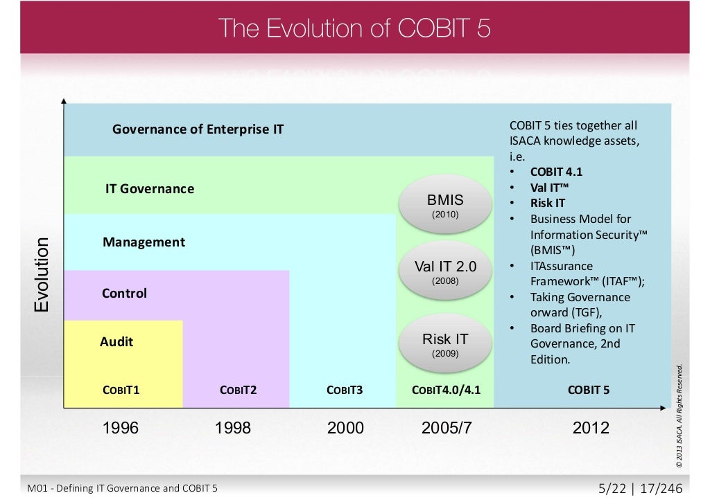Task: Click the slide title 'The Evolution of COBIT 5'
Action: coord(354,28)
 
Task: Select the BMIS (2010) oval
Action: coord(445,205)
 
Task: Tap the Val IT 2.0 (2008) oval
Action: coord(445,271)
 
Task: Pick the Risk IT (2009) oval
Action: coord(445,343)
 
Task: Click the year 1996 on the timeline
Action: coord(121,428)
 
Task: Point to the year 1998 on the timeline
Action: coord(233,428)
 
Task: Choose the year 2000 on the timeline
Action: coord(345,428)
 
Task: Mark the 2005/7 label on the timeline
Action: coord(447,428)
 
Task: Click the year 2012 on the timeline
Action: coord(591,428)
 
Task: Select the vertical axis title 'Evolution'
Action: coord(42,275)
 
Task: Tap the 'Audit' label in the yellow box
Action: coord(116,341)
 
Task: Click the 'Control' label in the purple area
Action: coord(125,293)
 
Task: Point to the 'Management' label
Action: coord(144,242)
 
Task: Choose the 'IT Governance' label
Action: coord(150,188)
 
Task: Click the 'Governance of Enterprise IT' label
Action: coord(198,129)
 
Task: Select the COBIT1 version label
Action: coord(121,390)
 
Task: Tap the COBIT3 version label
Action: coord(345,390)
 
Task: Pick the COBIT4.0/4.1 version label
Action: coord(446,390)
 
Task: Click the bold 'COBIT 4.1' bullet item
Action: coord(556,172)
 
